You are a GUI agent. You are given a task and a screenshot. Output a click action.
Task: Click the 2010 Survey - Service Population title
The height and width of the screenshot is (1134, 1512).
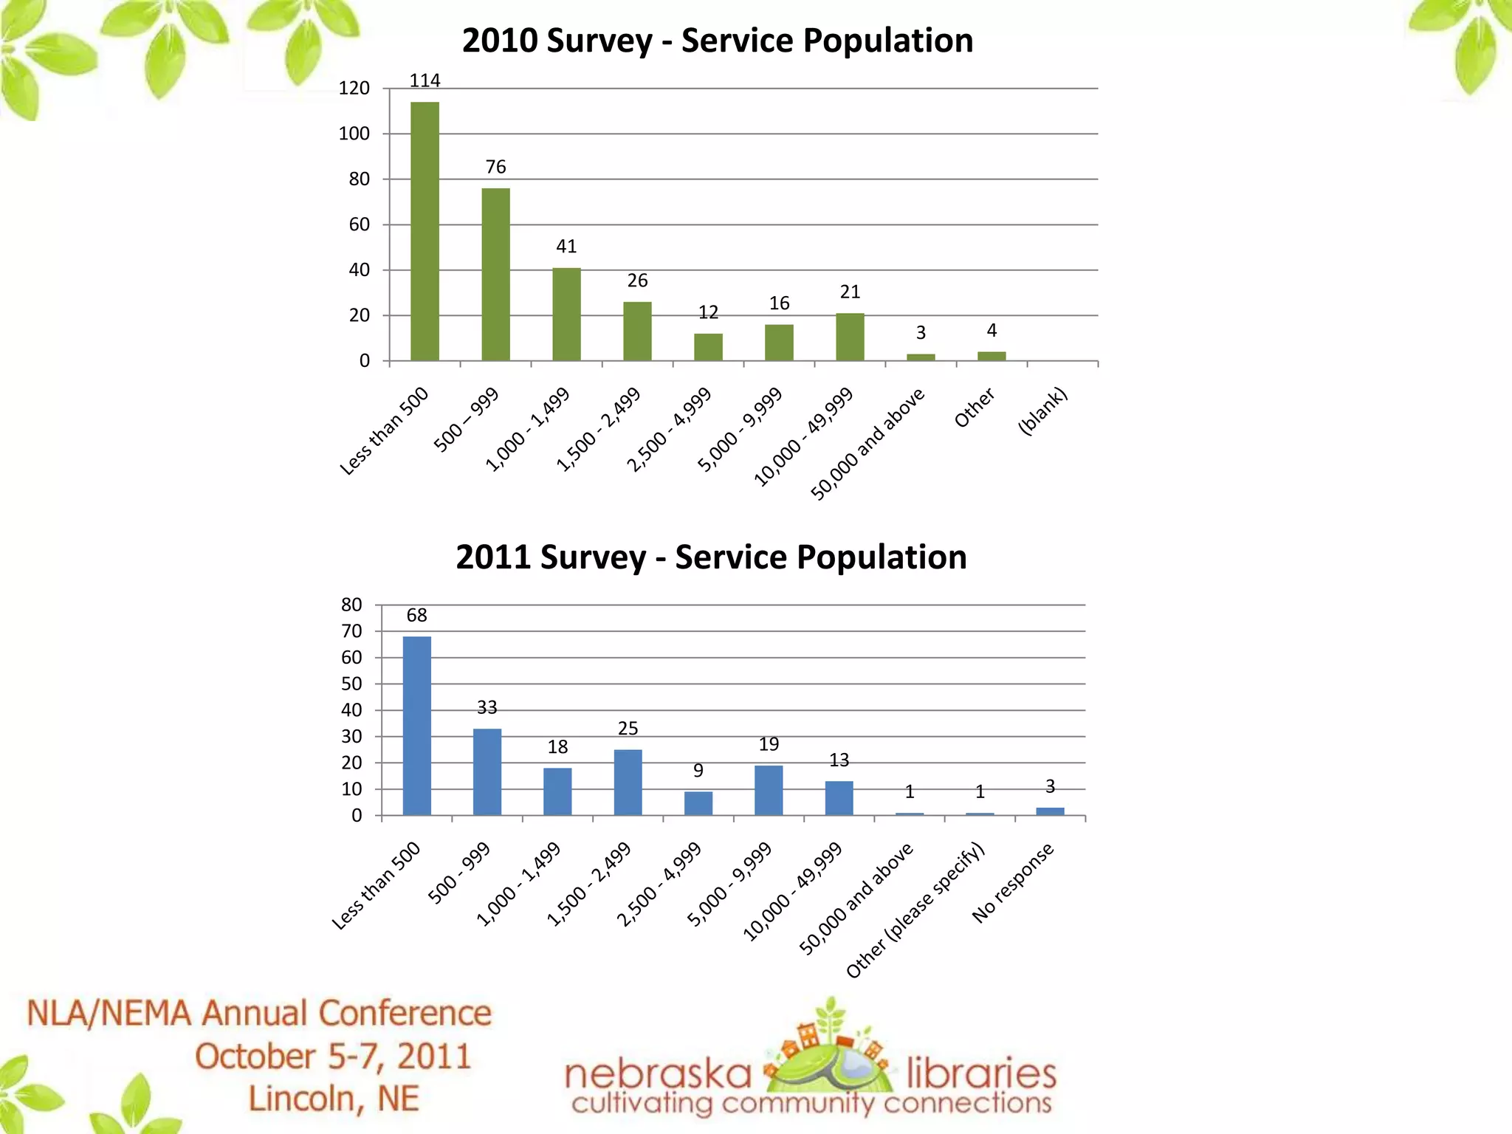(x=717, y=41)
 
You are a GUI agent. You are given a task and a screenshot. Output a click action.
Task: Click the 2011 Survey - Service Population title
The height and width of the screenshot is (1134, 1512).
(x=711, y=557)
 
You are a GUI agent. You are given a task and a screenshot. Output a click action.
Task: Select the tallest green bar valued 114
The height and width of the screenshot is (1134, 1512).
(x=425, y=231)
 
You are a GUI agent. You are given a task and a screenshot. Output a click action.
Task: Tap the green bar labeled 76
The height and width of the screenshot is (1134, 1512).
(x=495, y=274)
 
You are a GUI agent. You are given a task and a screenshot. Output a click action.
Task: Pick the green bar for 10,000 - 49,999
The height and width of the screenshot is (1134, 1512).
(x=850, y=337)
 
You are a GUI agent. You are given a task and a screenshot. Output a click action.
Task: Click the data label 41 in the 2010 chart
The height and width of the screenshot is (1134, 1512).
(x=566, y=247)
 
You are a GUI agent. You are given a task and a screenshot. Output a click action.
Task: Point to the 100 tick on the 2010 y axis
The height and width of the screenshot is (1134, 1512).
(x=355, y=134)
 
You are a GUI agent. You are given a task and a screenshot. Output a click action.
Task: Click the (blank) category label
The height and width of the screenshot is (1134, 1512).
(x=1042, y=410)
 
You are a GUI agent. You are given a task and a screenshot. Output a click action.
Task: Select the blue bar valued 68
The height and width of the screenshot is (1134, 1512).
(x=417, y=726)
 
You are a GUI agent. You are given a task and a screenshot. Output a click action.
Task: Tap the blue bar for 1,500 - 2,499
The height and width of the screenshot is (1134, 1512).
(x=628, y=782)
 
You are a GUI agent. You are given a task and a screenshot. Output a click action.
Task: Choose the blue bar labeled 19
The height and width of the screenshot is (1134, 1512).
(x=769, y=790)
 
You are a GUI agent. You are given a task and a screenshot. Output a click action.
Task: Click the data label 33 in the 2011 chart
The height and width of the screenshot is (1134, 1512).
(x=487, y=707)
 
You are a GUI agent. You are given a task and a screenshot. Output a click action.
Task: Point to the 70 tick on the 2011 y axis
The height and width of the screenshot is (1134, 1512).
(x=352, y=631)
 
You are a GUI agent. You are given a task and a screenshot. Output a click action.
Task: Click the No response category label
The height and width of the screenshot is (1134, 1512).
(x=1013, y=883)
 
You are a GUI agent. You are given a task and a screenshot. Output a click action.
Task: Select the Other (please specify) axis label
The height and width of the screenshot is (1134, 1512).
(x=915, y=910)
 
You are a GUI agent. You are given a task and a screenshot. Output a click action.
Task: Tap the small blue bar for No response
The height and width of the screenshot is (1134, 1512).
(x=1050, y=811)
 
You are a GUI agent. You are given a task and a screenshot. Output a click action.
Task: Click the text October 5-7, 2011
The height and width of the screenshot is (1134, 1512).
(x=333, y=1056)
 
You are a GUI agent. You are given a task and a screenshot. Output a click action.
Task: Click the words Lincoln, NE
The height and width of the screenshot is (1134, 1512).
(x=333, y=1099)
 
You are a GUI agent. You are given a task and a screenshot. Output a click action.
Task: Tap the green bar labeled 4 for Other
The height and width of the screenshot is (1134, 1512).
(x=992, y=356)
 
